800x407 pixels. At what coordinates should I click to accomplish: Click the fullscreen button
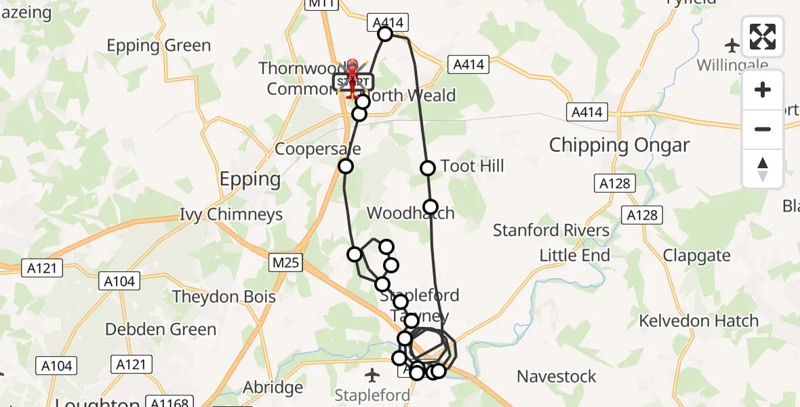coord(763,37)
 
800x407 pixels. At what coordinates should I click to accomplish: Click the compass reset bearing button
coord(763,169)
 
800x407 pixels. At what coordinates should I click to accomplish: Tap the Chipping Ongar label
coord(619,145)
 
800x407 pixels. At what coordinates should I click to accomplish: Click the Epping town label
coord(250,179)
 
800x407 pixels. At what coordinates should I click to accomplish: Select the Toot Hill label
coord(472,166)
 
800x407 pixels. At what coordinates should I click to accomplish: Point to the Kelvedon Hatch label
coord(699,320)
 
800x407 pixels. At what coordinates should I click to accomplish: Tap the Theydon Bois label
coord(224,297)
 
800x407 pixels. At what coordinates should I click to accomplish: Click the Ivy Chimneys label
coord(231,215)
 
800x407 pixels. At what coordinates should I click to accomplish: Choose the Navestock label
coord(557,376)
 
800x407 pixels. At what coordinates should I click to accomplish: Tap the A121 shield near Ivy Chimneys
coord(42,268)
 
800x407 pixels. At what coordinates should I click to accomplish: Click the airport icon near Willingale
coord(732,45)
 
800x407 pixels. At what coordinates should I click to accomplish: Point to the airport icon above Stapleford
coord(372,374)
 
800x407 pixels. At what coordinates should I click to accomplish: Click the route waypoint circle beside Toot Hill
coord(428,168)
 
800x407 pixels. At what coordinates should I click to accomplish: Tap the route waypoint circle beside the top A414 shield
coord(385,34)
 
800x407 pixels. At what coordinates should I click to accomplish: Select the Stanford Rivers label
coord(551,231)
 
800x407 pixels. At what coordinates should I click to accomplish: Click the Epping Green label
coord(159,46)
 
